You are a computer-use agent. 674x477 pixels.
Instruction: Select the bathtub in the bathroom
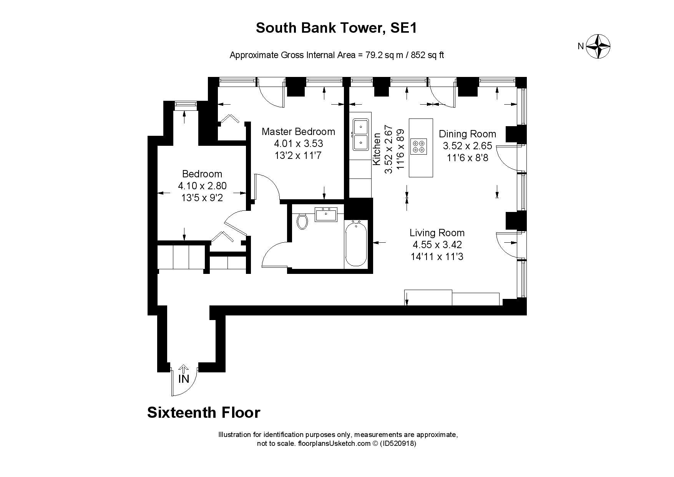coord(356,244)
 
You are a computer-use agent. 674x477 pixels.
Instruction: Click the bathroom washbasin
coord(326,214)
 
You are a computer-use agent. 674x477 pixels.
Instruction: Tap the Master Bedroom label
coord(298,132)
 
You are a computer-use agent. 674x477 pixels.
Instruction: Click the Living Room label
coord(437,233)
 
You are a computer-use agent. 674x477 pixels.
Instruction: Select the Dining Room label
coord(467,134)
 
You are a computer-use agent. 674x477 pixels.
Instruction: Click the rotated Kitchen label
coord(377,149)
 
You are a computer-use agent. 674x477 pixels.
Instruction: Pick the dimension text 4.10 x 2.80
coord(202,186)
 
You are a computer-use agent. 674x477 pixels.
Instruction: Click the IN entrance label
coord(184,379)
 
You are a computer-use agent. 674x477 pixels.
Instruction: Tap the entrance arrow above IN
coord(184,369)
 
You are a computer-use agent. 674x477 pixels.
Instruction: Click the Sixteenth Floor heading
coord(204,412)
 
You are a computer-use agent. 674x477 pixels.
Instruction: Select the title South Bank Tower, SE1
coord(336,28)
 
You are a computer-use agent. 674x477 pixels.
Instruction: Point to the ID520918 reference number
coord(398,443)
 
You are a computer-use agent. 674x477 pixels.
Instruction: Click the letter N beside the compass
coord(581,47)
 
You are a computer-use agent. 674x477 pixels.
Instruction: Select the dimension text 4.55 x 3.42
coord(437,245)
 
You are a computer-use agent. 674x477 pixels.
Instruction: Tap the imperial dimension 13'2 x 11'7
coord(298,155)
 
